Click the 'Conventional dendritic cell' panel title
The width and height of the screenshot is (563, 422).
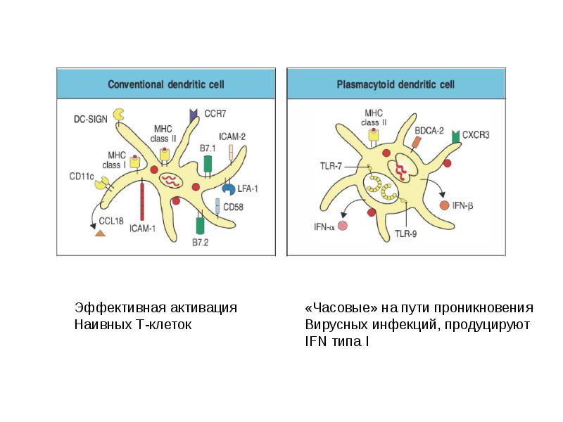click(165, 84)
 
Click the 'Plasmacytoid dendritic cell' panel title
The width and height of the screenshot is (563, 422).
click(396, 84)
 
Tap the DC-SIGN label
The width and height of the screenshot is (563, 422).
click(89, 120)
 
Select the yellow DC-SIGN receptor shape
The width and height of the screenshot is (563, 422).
click(120, 113)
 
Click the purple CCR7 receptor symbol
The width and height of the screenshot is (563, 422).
click(193, 114)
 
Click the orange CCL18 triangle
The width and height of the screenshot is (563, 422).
click(101, 233)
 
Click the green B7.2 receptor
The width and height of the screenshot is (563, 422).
click(200, 226)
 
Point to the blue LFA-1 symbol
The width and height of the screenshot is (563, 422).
click(228, 188)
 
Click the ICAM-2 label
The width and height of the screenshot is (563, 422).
click(233, 136)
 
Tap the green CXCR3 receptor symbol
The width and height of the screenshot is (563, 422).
click(456, 134)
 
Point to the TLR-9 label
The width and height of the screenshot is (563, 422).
click(406, 234)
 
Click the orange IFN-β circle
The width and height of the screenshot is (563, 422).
click(444, 206)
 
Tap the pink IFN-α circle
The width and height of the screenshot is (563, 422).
click(343, 226)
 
